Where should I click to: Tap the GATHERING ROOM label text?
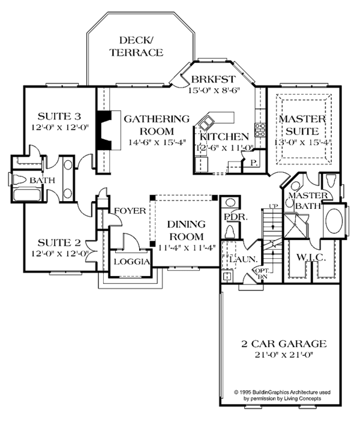click(148, 124)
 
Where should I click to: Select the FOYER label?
click(129, 211)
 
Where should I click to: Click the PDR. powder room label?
click(231, 217)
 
